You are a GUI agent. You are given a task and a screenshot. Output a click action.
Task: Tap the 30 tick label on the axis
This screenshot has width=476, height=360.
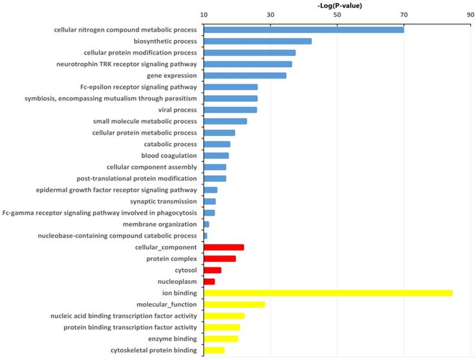(x=271, y=15)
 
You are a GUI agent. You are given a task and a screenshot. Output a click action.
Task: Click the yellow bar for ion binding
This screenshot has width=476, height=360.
(x=328, y=293)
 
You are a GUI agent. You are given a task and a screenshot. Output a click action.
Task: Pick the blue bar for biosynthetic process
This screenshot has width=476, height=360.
(x=258, y=41)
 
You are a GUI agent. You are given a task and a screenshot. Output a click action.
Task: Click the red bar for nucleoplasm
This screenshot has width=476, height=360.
(x=209, y=281)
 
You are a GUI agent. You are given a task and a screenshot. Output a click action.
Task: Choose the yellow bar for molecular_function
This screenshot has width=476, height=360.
(x=234, y=305)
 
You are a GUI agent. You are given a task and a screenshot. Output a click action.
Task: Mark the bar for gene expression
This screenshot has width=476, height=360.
(x=245, y=75)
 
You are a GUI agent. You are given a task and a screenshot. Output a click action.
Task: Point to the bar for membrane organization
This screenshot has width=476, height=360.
(x=206, y=224)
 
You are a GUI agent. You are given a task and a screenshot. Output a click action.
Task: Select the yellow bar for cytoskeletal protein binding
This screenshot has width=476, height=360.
(x=214, y=350)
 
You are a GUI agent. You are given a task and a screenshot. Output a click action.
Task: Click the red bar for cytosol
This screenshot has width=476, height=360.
(x=212, y=270)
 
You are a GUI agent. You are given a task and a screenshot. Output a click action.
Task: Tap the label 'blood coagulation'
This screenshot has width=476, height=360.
(x=169, y=155)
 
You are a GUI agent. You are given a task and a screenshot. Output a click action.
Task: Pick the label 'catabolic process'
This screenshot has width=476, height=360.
(x=168, y=144)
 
